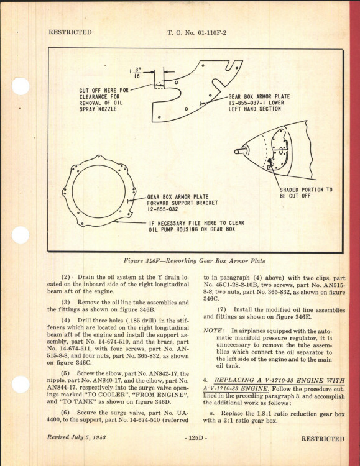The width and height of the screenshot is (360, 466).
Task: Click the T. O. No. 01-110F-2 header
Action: (196, 33)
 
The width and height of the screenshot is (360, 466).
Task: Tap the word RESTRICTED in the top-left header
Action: (70, 32)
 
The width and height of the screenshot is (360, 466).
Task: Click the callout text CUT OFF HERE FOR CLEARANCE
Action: (104, 94)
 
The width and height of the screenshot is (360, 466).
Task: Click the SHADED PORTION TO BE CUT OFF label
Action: (306, 193)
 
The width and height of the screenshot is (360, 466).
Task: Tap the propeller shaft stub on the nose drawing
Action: (240, 151)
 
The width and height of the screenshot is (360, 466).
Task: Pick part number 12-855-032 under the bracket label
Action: (162, 209)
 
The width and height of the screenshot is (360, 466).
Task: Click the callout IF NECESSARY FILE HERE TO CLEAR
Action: (196, 223)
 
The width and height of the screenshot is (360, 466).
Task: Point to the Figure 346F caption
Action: (194, 261)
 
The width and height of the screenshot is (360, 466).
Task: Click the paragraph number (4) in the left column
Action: (65, 321)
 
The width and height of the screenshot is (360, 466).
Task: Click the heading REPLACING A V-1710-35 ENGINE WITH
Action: (279, 380)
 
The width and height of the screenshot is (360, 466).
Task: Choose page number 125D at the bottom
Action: (195, 438)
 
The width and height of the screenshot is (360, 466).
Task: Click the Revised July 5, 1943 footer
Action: (76, 437)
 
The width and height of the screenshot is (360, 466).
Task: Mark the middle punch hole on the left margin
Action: (21, 235)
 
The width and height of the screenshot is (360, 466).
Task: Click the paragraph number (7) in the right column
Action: (222, 309)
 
